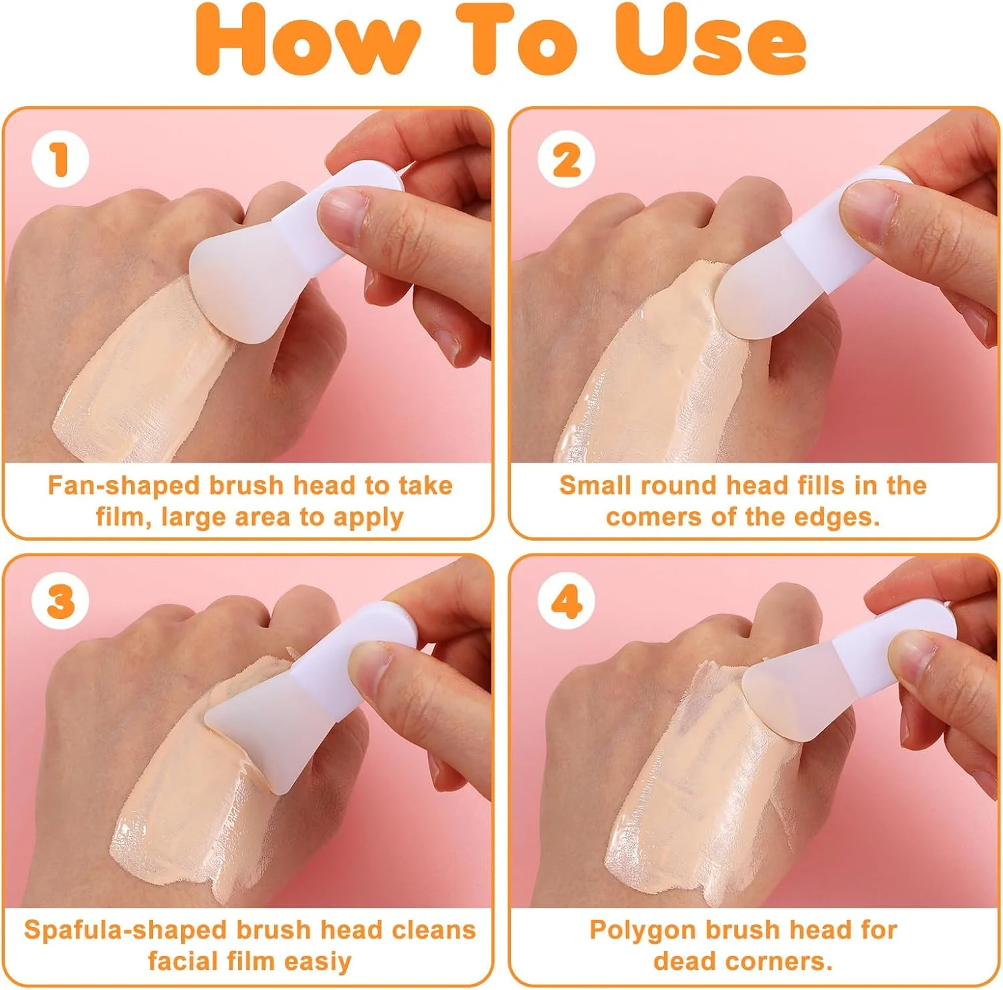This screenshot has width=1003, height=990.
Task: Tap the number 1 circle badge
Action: (x=60, y=159)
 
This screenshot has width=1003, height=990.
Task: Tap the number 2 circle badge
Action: (x=566, y=159)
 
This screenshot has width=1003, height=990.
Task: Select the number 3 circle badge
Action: (x=60, y=600)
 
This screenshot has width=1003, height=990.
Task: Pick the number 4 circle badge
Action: (x=566, y=600)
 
